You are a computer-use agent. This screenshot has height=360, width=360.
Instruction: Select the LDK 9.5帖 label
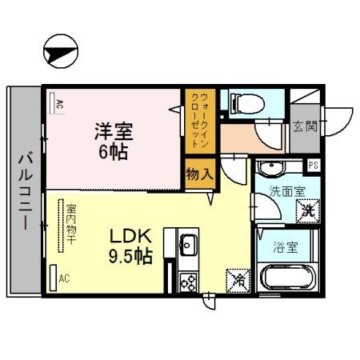[x=130, y=246]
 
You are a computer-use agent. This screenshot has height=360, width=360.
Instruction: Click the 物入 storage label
[x=198, y=173]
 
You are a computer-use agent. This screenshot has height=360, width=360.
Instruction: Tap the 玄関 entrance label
[x=304, y=126]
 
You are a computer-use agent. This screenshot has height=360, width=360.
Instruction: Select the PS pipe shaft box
[x=314, y=166]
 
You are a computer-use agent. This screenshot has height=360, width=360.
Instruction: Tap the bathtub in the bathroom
[x=288, y=279]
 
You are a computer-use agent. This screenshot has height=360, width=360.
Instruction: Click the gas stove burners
[x=189, y=281]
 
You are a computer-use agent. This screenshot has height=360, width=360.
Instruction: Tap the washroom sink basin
[x=272, y=169]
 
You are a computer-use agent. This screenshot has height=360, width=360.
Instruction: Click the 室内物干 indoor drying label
[x=70, y=222]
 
